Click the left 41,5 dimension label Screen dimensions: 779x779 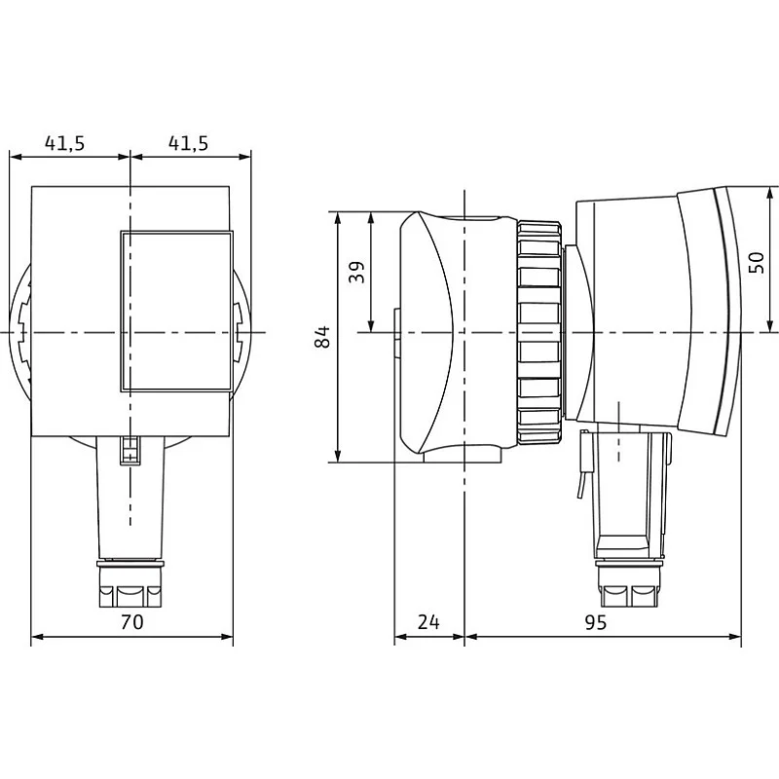click(x=64, y=143)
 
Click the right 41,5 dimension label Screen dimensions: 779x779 click(x=188, y=143)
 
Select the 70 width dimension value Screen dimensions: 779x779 click(x=132, y=621)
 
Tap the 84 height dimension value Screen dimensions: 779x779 click(x=322, y=336)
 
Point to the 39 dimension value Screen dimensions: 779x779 click(x=356, y=272)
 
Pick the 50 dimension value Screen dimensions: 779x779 click(x=757, y=262)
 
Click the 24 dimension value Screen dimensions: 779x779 click(x=428, y=621)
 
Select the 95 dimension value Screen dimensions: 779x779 click(x=595, y=621)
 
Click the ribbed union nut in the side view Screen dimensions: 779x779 click(x=539, y=332)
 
